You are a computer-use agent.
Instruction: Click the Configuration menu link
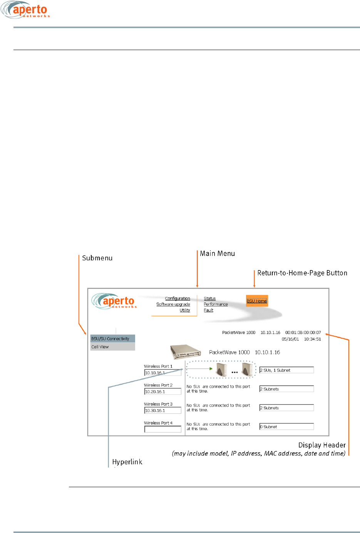coord(177,298)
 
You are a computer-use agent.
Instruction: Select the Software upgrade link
coord(173,304)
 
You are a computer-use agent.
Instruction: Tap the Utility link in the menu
coord(185,310)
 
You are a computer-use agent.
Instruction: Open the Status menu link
coord(210,298)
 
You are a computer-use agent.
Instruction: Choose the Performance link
coord(216,304)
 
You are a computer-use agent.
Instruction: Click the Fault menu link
coord(208,310)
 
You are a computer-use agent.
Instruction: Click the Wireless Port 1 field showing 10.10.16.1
coord(162,373)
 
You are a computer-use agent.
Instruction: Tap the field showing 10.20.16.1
coord(162,392)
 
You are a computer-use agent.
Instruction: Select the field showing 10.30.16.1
coord(162,411)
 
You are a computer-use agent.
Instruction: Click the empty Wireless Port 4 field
coord(162,429)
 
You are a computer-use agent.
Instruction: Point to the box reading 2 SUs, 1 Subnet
coord(286,370)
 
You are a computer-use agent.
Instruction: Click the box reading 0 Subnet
coord(286,427)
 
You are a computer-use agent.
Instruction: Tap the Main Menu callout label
coord(217,253)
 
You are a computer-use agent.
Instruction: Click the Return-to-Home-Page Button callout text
coord(302,273)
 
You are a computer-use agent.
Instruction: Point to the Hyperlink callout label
coord(127,462)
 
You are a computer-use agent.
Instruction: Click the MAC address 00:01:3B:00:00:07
coord(303,332)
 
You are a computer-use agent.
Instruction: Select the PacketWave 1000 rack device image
coord(186,352)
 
